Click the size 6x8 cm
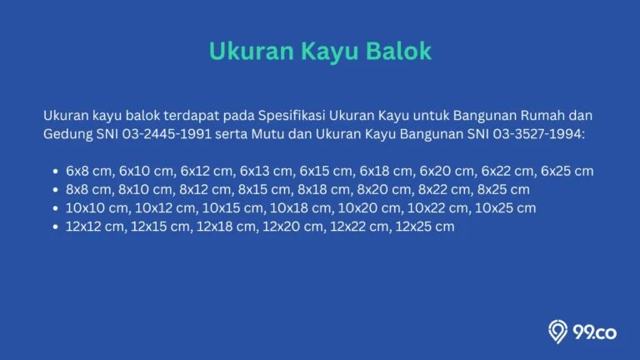point(88,171)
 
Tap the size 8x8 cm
point(88,189)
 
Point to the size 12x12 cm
point(95,226)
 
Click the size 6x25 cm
point(567,171)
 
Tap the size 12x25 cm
point(425,226)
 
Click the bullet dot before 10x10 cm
point(56,208)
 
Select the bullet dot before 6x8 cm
point(56,172)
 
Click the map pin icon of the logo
point(557,331)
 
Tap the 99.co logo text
point(595,332)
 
